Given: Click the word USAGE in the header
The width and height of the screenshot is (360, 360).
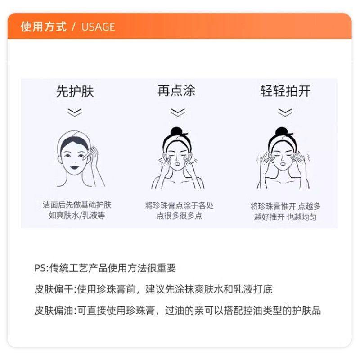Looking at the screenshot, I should click(x=98, y=27).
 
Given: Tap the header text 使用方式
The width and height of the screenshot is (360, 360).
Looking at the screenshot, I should click(x=43, y=27).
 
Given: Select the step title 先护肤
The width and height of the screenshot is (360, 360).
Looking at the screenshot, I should click(x=75, y=92).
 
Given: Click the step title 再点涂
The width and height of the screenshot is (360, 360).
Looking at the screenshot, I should click(x=176, y=91).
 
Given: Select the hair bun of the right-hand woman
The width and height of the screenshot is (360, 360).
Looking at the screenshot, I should click(x=281, y=132).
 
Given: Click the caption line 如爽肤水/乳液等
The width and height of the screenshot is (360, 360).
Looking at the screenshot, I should click(x=76, y=216).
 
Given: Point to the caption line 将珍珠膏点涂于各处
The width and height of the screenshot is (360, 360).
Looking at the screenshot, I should click(x=179, y=206).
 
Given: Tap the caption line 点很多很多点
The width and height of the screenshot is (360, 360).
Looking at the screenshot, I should click(x=179, y=216).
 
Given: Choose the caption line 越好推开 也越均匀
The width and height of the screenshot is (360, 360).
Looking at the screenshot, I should click(x=285, y=217).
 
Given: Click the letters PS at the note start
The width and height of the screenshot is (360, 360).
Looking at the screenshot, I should click(x=40, y=269).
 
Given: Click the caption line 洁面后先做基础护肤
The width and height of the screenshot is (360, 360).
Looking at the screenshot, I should click(x=76, y=205).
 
